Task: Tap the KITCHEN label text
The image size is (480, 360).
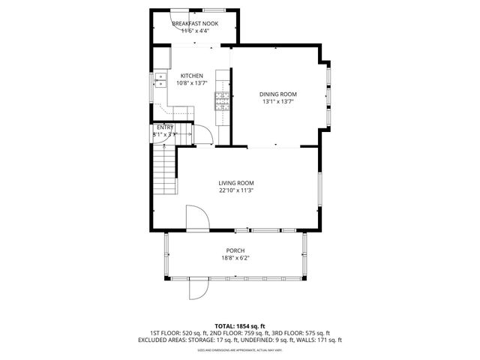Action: tap(192, 76)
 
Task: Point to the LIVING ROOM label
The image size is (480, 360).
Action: tap(236, 183)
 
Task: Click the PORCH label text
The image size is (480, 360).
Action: tap(235, 250)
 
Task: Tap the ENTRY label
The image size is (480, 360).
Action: tap(165, 127)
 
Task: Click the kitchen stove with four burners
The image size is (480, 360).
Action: tap(222, 100)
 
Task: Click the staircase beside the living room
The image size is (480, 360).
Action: tap(164, 171)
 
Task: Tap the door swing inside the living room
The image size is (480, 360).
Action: tap(196, 218)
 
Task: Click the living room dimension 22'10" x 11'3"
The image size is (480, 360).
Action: tap(236, 191)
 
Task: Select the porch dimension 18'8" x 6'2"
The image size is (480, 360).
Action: tap(235, 259)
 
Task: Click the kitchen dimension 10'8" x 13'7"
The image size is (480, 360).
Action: tap(192, 83)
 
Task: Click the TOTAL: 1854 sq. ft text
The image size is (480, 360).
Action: tap(239, 326)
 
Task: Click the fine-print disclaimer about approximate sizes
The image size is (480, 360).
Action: tap(239, 349)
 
